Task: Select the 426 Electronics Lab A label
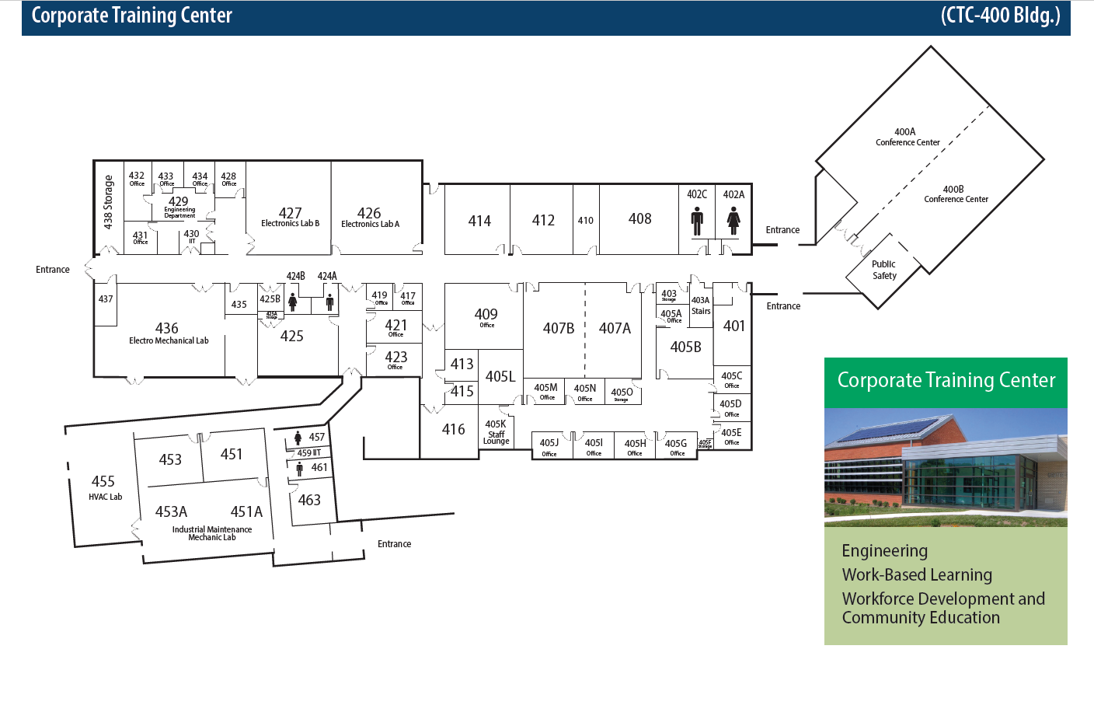(370, 217)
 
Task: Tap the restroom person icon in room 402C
(697, 222)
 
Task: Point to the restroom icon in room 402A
(733, 222)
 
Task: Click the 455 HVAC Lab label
(104, 487)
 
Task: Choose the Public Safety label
(884, 270)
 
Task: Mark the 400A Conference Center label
(907, 137)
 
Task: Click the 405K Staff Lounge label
(496, 433)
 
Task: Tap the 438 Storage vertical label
(108, 202)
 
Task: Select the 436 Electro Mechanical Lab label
(168, 333)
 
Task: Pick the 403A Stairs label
(701, 305)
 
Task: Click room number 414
(479, 221)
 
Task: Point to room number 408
(639, 219)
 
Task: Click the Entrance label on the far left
(53, 270)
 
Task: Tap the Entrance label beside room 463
(394, 544)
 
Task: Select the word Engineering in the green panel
(884, 551)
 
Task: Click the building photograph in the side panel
(946, 467)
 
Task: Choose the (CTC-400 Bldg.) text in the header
(1000, 16)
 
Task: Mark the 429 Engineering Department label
(179, 205)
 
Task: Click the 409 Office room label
(486, 317)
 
